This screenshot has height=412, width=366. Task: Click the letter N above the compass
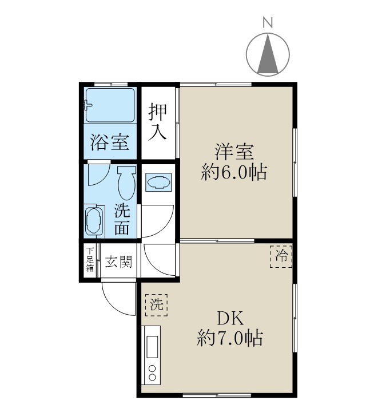[x=267, y=23]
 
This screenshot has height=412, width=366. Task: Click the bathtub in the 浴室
[x=110, y=105]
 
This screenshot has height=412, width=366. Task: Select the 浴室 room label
[x=109, y=142]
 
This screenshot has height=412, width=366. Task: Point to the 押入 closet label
[x=158, y=121]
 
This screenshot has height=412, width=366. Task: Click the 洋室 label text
[x=234, y=153]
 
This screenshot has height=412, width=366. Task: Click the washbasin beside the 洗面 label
[x=94, y=221]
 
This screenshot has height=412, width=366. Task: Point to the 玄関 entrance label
[x=119, y=262]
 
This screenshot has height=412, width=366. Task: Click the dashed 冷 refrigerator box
[x=281, y=256]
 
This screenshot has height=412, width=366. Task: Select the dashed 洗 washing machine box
[x=156, y=304]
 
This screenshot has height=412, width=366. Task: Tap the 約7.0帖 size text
[x=229, y=339]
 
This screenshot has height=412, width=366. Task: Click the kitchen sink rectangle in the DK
[x=153, y=346]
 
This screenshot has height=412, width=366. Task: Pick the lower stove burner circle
[x=152, y=377]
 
